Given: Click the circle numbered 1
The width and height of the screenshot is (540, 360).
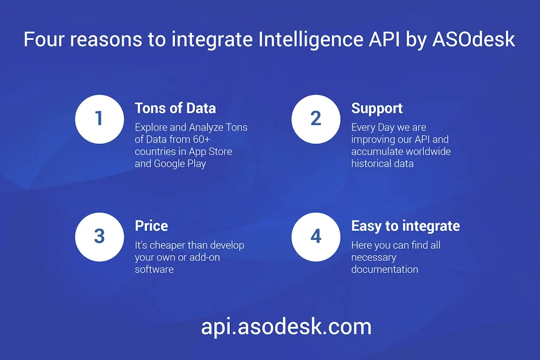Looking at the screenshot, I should click(99, 119).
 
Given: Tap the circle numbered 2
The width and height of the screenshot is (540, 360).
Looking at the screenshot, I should click(315, 119).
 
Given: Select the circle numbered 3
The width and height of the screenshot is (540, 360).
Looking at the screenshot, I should click(99, 236).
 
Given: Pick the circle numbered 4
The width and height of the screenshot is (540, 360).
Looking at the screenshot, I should click(315, 236).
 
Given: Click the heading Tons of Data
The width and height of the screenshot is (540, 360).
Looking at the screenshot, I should click(175, 109).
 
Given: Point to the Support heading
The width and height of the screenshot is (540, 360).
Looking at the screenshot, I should click(377, 109).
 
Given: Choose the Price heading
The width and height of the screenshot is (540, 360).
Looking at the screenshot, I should click(151, 226).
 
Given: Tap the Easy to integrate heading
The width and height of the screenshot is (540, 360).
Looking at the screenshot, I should click(405, 226).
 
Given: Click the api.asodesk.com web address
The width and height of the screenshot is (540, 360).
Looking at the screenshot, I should click(286, 327).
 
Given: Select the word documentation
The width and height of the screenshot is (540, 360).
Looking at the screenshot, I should click(384, 269).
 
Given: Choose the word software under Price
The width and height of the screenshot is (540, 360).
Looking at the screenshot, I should click(154, 269).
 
